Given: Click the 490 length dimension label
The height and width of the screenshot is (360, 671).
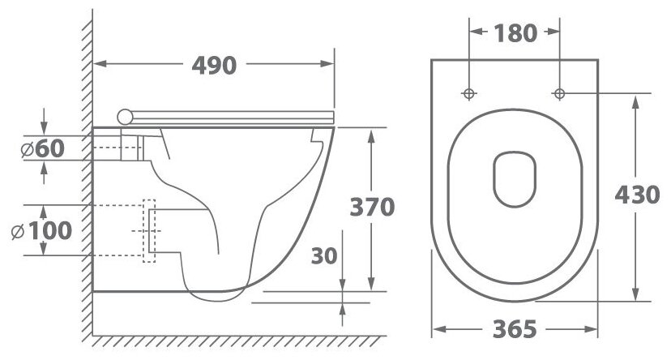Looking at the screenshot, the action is point(214,65).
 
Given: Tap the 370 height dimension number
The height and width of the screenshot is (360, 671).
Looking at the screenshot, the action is point(372,208).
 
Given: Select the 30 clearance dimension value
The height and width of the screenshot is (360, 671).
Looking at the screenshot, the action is point(324,255).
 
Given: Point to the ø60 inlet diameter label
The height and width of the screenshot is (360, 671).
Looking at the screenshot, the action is point(43,148).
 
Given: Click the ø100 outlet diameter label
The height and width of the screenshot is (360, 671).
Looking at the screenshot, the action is point(41,231).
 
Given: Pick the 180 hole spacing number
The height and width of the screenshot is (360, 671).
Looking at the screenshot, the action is point(515,33).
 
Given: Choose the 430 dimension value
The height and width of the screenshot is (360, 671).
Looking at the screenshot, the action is point(637,195).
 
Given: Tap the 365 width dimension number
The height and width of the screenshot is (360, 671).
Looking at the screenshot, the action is point(515,329).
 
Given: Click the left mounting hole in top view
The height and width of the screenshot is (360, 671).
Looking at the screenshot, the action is point(469,93).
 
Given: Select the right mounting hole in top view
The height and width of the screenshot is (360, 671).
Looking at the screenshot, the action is point(559,93).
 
